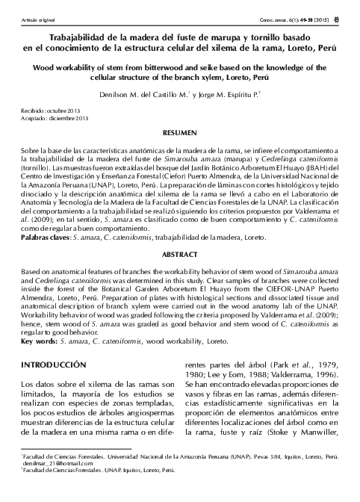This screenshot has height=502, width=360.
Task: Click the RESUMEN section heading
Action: pos(179,131)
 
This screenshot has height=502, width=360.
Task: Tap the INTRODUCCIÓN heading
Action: pos(51,364)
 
